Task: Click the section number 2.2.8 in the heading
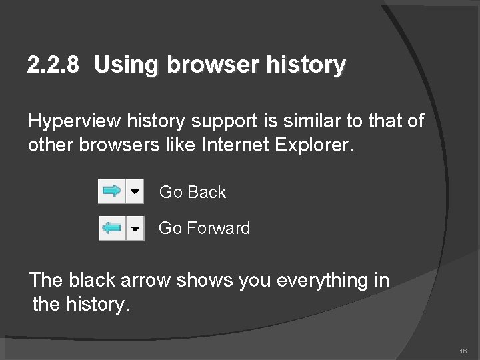[53, 65]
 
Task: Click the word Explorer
[309, 145]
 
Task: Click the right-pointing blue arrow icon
[111, 192]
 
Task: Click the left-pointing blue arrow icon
[111, 229]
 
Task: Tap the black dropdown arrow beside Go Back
[135, 192]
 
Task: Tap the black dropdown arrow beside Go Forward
[135, 229]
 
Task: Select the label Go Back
[193, 192]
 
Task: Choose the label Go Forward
[205, 229]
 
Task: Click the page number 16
[463, 351]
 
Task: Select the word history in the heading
[306, 65]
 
